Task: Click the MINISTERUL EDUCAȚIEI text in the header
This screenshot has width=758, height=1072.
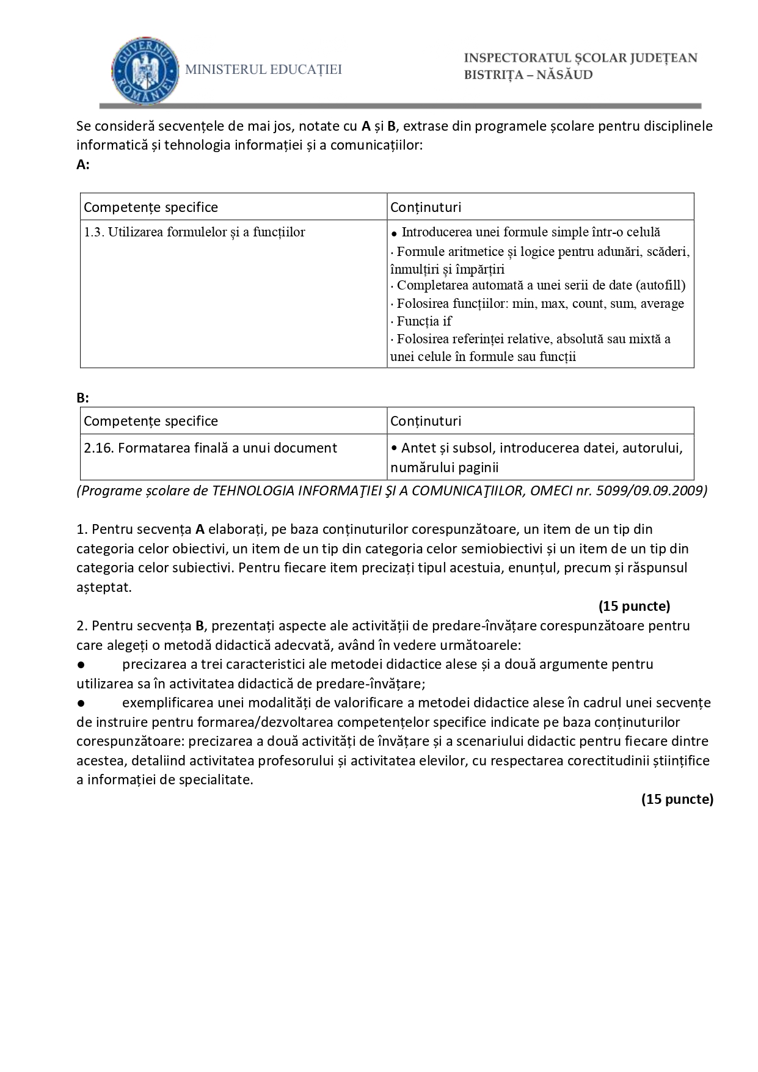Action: click(x=263, y=70)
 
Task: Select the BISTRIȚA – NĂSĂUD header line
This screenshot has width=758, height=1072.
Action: click(x=528, y=75)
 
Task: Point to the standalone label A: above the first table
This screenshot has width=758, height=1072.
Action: click(x=83, y=164)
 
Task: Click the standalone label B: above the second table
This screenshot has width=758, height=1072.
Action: click(x=83, y=398)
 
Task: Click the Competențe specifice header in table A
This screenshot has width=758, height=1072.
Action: click(x=151, y=207)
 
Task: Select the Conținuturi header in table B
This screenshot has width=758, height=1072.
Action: click(x=426, y=421)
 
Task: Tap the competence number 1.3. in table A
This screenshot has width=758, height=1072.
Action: click(x=94, y=232)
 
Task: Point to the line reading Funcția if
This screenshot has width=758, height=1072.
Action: click(x=423, y=321)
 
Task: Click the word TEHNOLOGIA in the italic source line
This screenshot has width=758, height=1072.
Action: click(x=252, y=490)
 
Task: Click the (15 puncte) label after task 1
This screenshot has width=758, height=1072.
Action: click(x=634, y=606)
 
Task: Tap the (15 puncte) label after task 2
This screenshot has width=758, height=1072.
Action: click(x=677, y=799)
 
